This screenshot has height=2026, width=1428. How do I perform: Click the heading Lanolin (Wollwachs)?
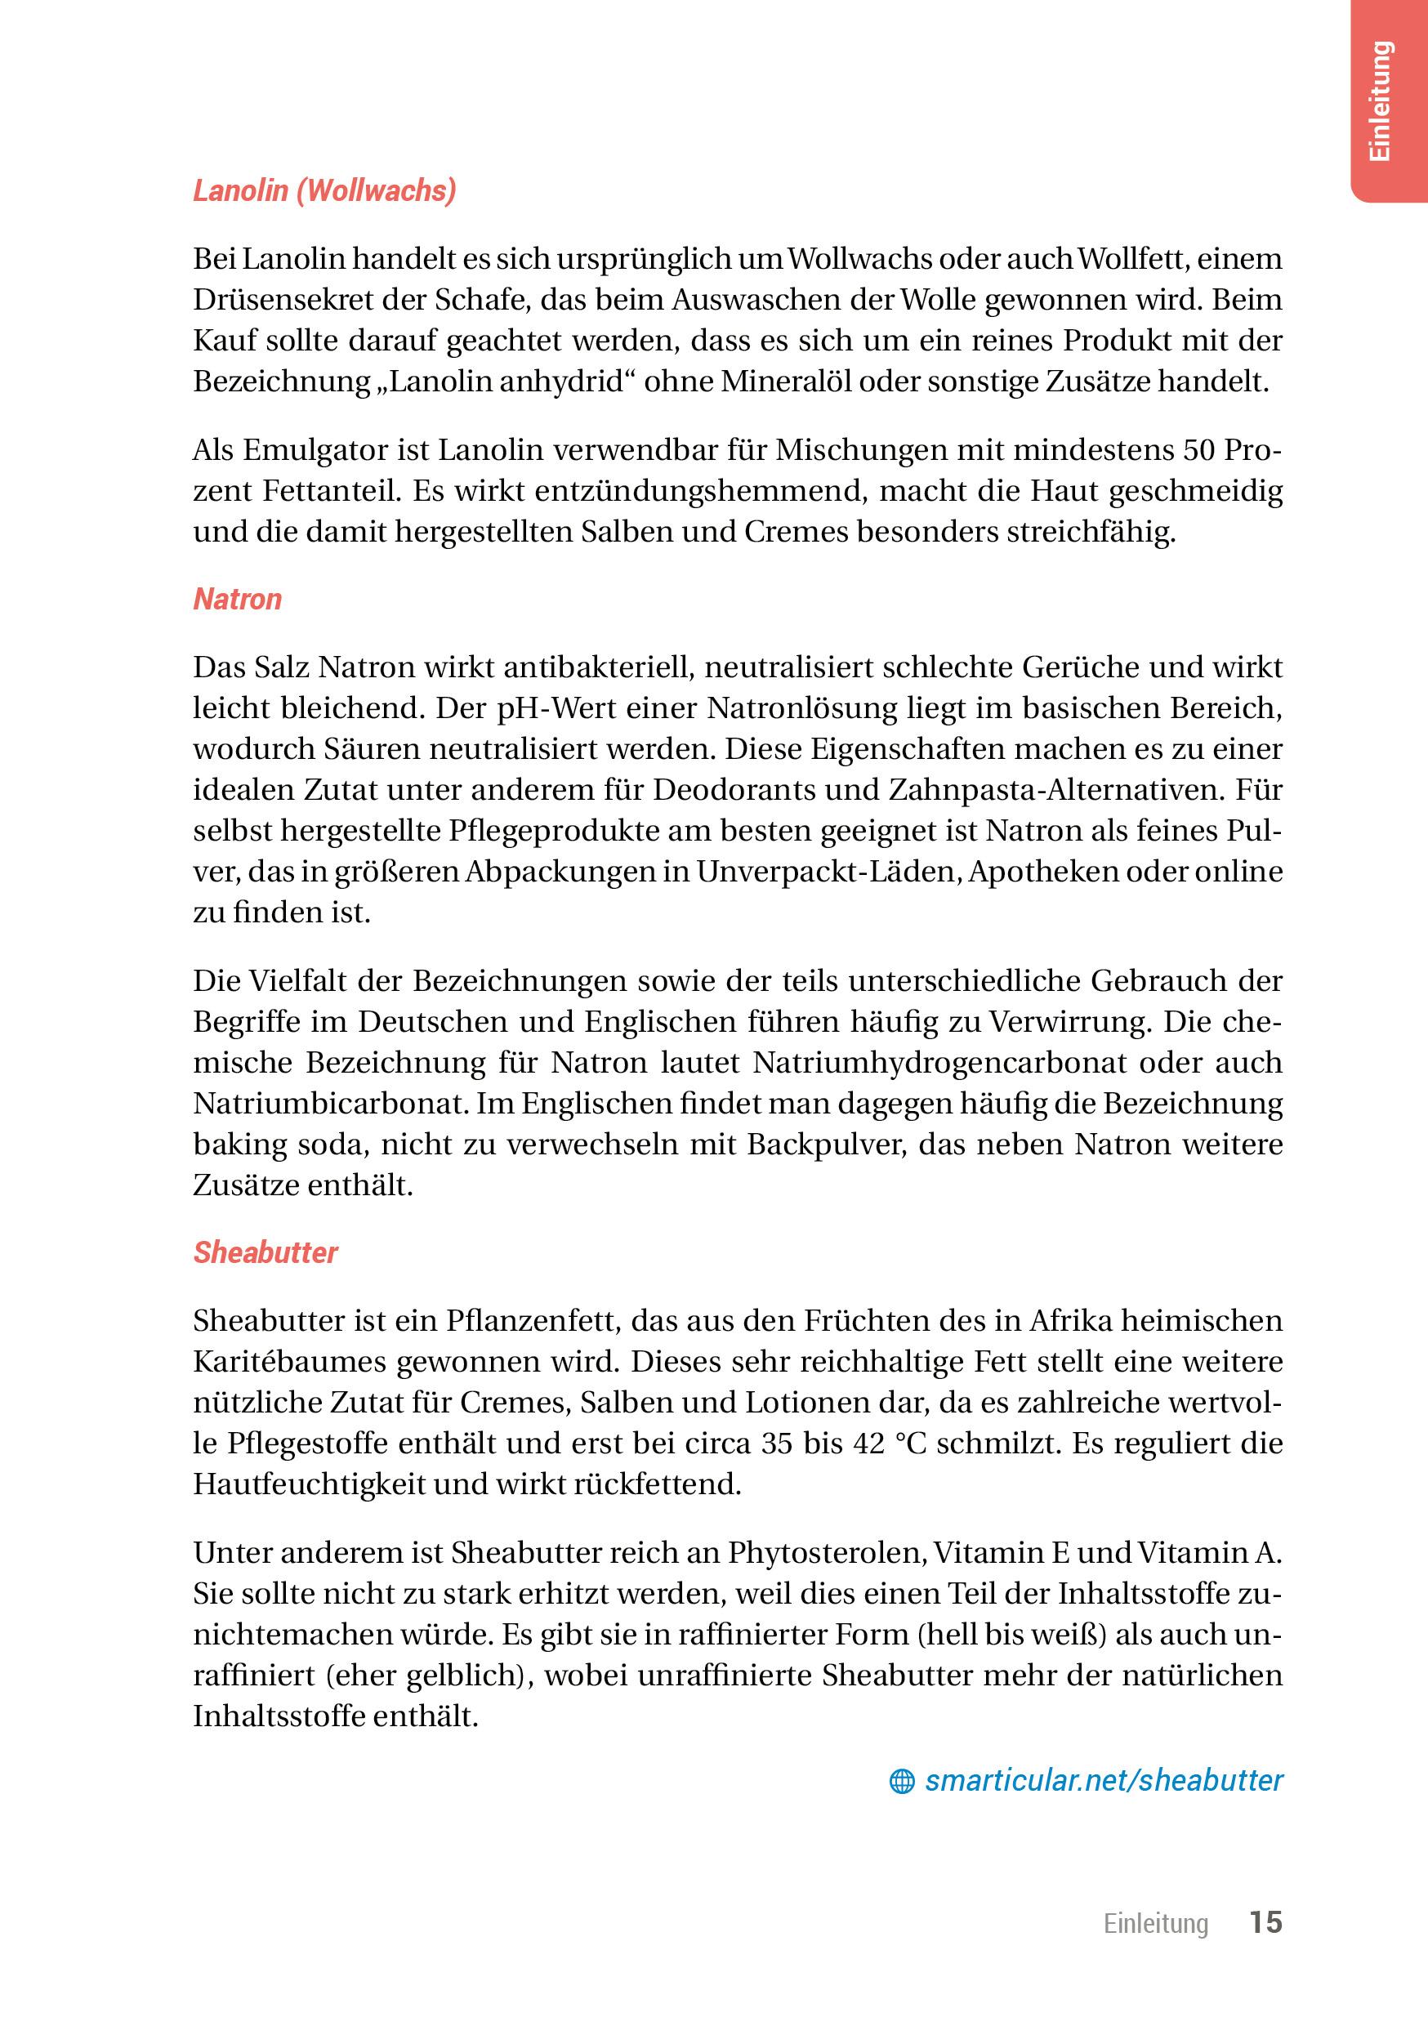(x=325, y=190)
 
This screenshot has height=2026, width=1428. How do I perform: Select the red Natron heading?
(x=238, y=599)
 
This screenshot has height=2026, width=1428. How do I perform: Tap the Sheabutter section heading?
(x=265, y=1253)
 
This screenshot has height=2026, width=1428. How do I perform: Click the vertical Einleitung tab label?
(x=1381, y=100)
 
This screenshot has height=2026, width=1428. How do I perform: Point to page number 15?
(x=1265, y=1922)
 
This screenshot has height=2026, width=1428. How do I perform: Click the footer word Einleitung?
(x=1155, y=1923)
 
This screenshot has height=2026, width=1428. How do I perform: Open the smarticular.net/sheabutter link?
(x=1103, y=1780)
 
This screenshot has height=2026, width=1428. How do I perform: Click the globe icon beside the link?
(x=901, y=1782)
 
